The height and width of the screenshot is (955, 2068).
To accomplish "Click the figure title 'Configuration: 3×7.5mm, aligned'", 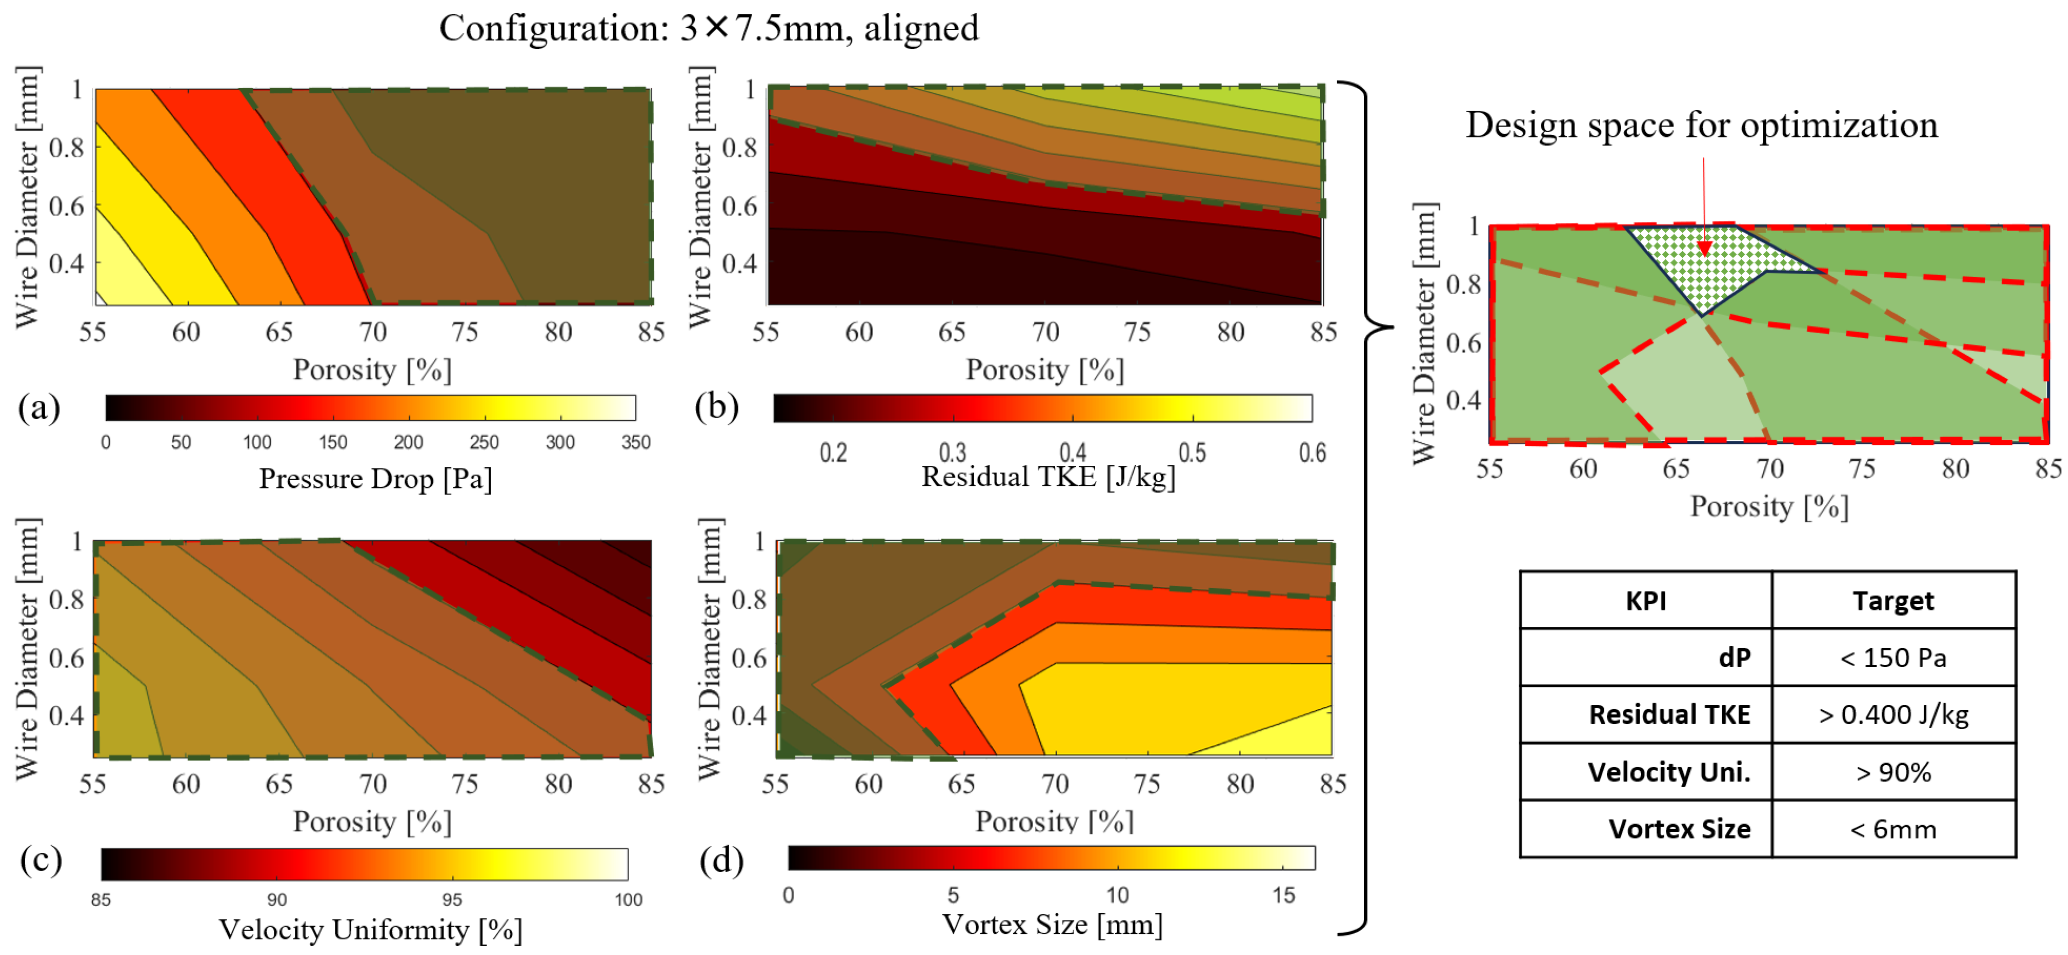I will click(708, 29).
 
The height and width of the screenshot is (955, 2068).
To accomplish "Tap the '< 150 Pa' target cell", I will click(1893, 658).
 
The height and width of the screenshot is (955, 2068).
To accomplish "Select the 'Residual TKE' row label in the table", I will click(1669, 714).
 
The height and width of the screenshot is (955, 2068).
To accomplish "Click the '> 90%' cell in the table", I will click(1893, 772).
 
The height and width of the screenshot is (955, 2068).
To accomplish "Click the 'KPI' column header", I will click(1646, 601).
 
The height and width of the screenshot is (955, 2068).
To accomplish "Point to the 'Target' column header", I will click(1893, 601).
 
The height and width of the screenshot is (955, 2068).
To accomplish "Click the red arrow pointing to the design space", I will click(1703, 209).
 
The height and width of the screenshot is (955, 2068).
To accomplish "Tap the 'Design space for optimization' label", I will click(1701, 126).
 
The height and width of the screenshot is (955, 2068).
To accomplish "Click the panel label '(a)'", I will click(39, 408).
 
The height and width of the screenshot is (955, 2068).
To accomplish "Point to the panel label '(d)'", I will click(721, 860).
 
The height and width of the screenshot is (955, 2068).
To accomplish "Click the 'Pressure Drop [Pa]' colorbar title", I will click(375, 479).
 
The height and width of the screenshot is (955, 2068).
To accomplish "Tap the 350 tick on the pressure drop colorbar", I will click(635, 442).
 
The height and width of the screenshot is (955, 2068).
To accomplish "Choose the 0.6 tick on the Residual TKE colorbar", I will click(1312, 453).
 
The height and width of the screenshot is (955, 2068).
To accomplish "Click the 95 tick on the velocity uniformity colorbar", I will click(452, 899).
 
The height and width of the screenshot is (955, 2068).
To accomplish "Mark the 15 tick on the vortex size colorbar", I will click(1283, 895).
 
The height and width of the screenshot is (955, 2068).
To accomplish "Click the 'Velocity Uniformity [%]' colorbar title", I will click(370, 929).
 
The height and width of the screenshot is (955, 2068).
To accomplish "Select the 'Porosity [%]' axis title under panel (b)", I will click(1044, 370).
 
